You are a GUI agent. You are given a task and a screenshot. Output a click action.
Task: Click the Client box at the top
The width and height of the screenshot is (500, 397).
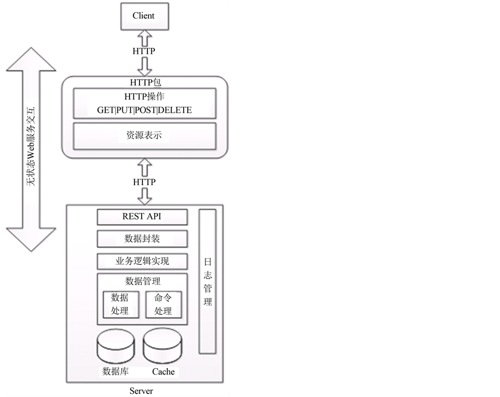[x=143, y=16]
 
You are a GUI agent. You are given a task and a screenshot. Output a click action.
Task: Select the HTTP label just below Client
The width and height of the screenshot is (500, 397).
[x=144, y=51]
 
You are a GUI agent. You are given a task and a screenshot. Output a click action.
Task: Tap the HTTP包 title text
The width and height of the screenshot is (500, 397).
[x=144, y=83]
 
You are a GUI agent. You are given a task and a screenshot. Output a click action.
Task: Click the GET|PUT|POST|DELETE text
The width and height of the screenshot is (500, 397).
[x=144, y=110]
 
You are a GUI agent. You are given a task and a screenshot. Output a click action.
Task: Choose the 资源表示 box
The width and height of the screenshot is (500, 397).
[x=144, y=135]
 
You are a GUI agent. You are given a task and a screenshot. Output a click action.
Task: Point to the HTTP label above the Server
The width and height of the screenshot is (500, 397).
[x=144, y=182]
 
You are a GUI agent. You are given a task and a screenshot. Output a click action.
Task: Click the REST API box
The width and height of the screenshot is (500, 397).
[x=142, y=216]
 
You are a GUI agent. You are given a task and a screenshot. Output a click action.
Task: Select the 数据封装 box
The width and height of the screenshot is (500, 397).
[x=142, y=239]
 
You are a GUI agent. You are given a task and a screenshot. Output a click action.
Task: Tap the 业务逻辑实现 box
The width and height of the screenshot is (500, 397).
[x=142, y=261]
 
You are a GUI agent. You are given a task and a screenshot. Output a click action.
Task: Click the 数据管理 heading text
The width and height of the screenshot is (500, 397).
[x=142, y=281]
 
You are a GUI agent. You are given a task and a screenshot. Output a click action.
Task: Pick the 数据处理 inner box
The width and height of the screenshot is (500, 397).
[x=120, y=304]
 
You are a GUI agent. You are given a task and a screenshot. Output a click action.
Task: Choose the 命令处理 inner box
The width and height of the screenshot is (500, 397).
[x=163, y=304]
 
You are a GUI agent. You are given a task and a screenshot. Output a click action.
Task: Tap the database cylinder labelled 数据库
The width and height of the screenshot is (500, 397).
[x=116, y=346]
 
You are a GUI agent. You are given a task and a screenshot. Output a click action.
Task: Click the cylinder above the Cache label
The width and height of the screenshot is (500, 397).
[x=162, y=346]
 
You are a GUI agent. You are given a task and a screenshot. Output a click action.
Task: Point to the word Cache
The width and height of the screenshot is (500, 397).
[x=163, y=372]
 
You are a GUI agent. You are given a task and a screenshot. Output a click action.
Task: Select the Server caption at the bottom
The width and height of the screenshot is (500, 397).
[x=141, y=391]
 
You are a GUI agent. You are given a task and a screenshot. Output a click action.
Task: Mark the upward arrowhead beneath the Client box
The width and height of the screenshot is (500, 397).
[x=144, y=36]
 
